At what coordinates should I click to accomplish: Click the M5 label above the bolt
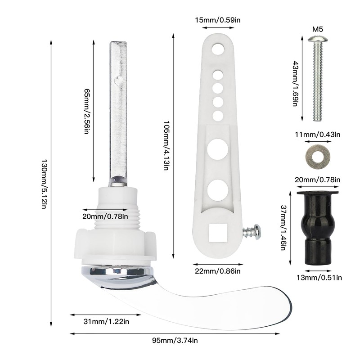point(318,29)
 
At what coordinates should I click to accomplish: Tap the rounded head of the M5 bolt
point(318,39)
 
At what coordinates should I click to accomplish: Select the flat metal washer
point(318,157)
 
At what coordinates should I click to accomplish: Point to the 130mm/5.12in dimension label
point(44,184)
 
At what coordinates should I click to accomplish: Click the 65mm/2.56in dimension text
point(87,111)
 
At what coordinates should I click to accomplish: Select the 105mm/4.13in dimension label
point(166,145)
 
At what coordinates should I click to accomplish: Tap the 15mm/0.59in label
point(218,20)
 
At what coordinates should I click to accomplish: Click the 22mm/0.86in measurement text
point(218,271)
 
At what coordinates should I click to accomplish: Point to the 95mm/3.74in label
point(175,340)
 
